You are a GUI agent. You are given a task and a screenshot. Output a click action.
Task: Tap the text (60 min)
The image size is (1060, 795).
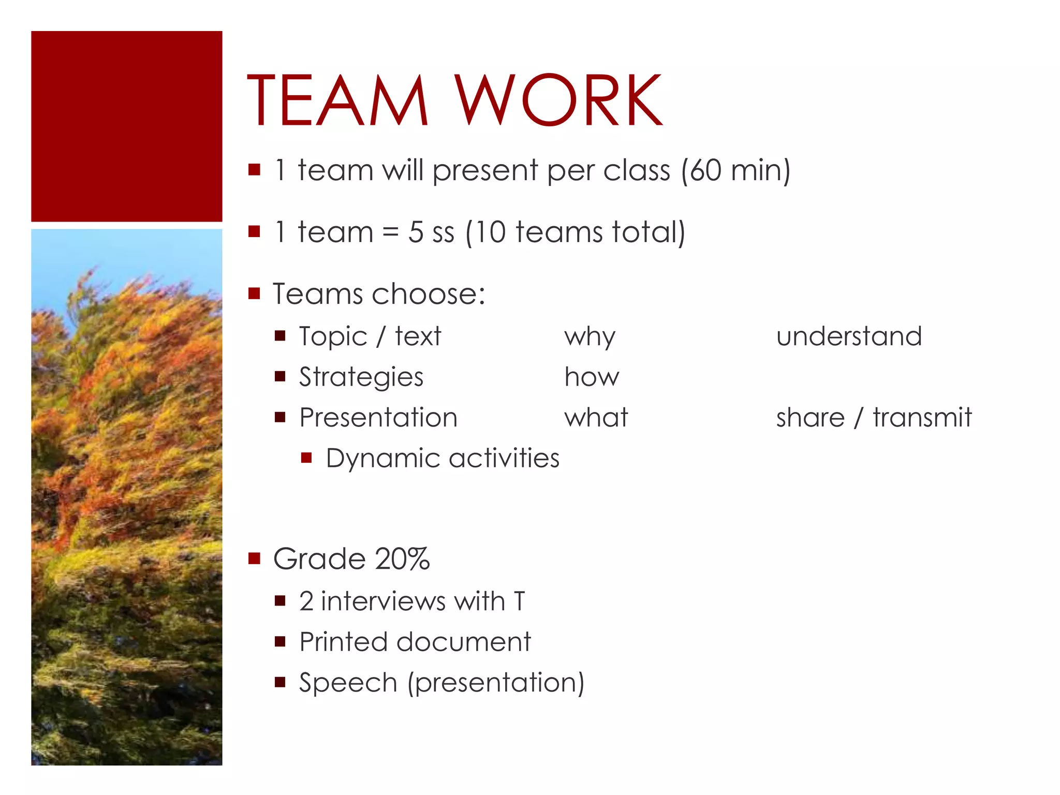pyautogui.click(x=735, y=170)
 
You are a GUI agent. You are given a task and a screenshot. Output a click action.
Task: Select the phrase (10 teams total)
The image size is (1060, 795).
pyautogui.click(x=575, y=232)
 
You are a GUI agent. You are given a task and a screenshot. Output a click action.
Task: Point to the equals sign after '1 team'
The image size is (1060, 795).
pyautogui.click(x=390, y=232)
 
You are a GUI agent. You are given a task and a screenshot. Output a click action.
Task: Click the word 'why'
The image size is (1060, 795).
pyautogui.click(x=590, y=337)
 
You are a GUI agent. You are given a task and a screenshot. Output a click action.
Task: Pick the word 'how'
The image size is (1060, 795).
pyautogui.click(x=591, y=377)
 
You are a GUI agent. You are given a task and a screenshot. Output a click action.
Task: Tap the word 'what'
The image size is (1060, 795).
pyautogui.click(x=596, y=417)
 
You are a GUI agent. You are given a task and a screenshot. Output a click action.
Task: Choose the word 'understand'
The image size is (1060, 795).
pyautogui.click(x=849, y=336)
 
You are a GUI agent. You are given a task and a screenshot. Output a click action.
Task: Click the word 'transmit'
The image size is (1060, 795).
pyautogui.click(x=922, y=417)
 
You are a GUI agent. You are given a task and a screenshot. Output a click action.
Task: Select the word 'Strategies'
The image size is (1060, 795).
pyautogui.click(x=361, y=377)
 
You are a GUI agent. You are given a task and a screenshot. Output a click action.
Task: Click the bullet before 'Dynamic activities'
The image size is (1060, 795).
pyautogui.click(x=306, y=458)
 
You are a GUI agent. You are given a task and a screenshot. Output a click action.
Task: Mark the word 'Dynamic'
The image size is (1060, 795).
pyautogui.click(x=383, y=459)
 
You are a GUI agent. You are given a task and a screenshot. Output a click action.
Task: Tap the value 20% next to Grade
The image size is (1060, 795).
pyautogui.click(x=402, y=559)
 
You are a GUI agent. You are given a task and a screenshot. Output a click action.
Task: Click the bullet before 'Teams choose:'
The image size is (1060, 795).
pyautogui.click(x=254, y=294)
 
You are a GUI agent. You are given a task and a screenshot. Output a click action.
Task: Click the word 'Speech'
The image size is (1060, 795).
pyautogui.click(x=348, y=683)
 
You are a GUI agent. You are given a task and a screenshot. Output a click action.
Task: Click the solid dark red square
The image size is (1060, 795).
pyautogui.click(x=127, y=126)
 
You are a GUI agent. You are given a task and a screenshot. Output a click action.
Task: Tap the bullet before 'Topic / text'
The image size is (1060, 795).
pyautogui.click(x=280, y=336)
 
